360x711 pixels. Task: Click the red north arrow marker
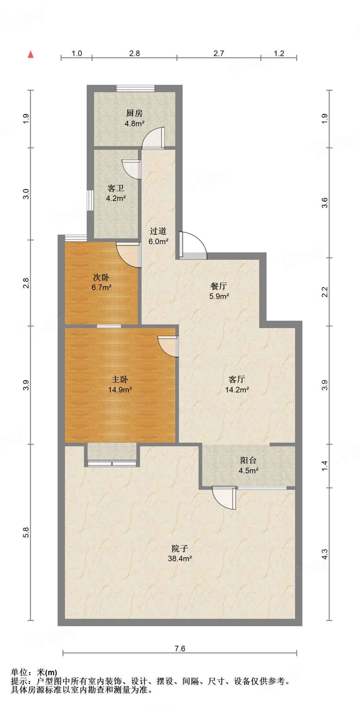31,54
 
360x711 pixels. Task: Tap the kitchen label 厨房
134,113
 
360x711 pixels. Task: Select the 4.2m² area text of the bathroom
116,198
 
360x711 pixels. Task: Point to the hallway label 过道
158,231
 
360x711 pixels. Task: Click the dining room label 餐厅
219,286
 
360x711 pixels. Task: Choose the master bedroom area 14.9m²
120,390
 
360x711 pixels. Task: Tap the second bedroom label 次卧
101,277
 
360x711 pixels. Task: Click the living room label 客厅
237,379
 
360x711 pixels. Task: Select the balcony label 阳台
248,460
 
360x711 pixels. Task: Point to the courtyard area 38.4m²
180,559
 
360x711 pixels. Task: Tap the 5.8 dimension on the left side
26,533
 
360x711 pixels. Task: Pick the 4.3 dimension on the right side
324,554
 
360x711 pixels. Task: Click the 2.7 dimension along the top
219,53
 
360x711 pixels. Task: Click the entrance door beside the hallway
193,245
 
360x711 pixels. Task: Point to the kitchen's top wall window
135,89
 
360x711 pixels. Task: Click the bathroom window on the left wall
90,200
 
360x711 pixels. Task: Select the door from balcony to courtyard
224,498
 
